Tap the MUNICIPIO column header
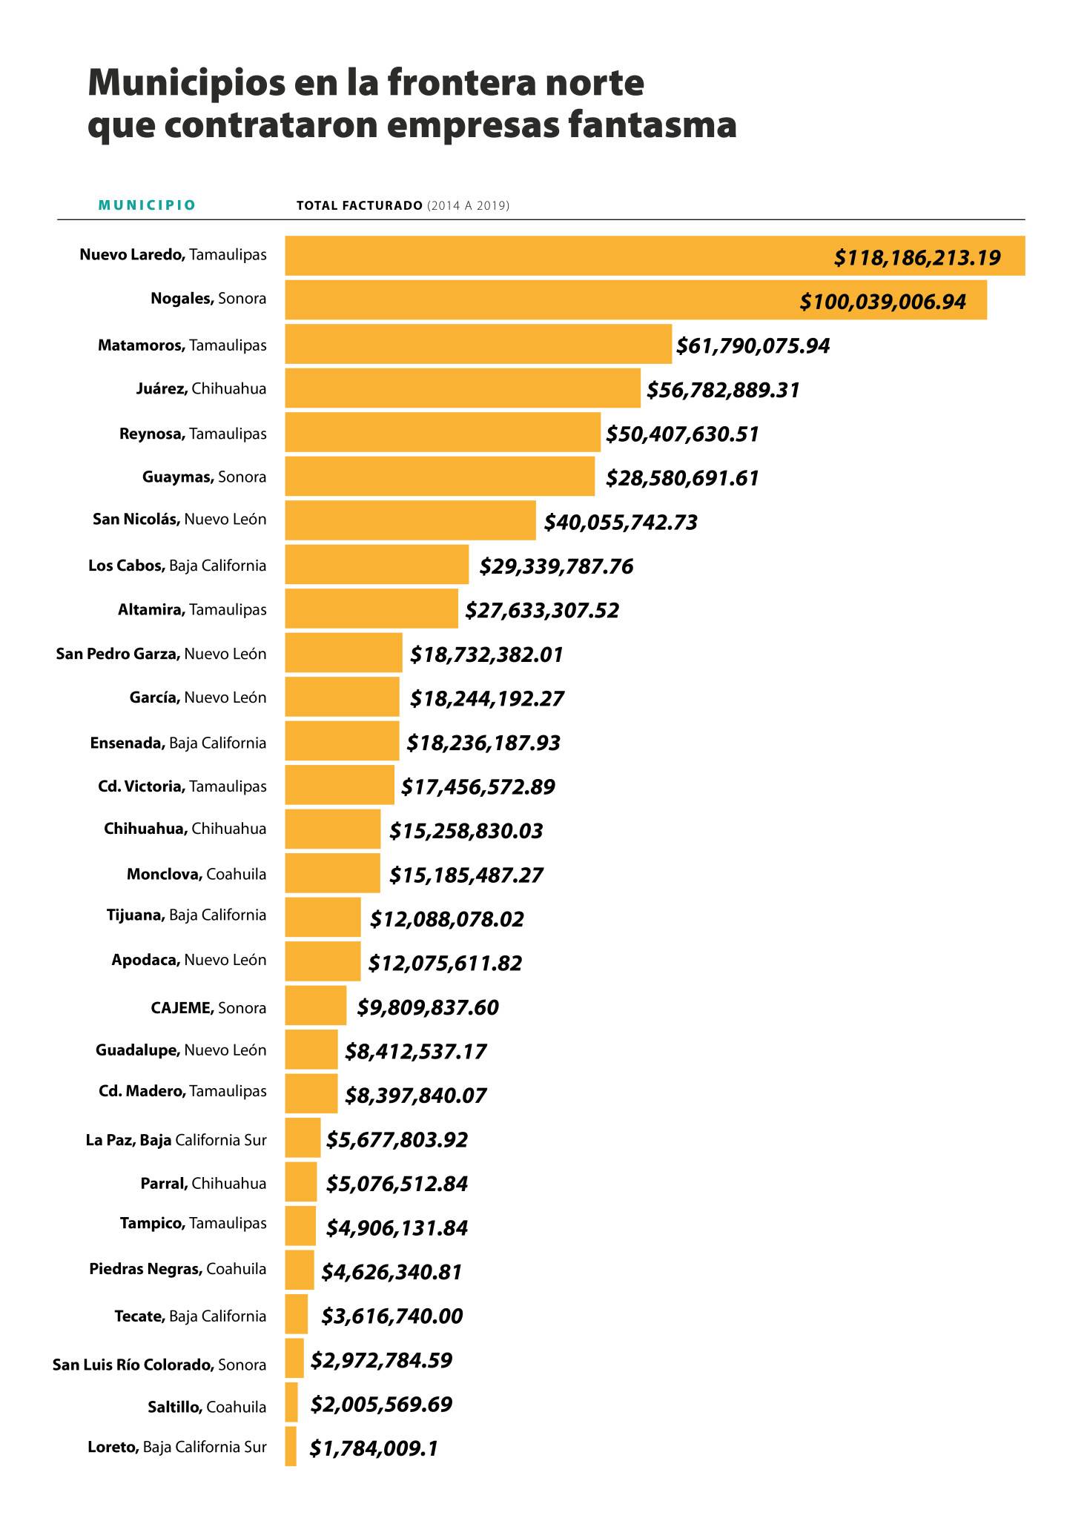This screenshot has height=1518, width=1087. [147, 205]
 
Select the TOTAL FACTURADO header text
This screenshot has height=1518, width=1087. [359, 205]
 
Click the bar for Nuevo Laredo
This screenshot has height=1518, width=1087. [556, 256]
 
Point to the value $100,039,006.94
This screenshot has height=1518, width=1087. [882, 302]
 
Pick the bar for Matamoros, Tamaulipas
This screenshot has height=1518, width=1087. [478, 344]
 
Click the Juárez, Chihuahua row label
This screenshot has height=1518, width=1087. [201, 388]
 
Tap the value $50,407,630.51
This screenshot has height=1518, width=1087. [682, 434]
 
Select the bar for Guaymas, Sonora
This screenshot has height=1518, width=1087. [440, 477]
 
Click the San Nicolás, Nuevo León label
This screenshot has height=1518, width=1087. [179, 519]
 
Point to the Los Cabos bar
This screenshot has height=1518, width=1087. [377, 565]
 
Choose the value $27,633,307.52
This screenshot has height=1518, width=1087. [542, 610]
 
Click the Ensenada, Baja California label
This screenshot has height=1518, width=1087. [178, 743]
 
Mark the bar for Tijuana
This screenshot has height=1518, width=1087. [323, 917]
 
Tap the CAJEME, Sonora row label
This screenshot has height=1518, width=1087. [208, 1008]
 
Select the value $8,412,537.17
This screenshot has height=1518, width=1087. [416, 1051]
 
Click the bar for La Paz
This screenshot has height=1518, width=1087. [303, 1138]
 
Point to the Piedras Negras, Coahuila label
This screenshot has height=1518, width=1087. [178, 1269]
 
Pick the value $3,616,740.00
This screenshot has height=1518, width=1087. [391, 1316]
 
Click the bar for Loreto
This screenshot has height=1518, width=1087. [291, 1446]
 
